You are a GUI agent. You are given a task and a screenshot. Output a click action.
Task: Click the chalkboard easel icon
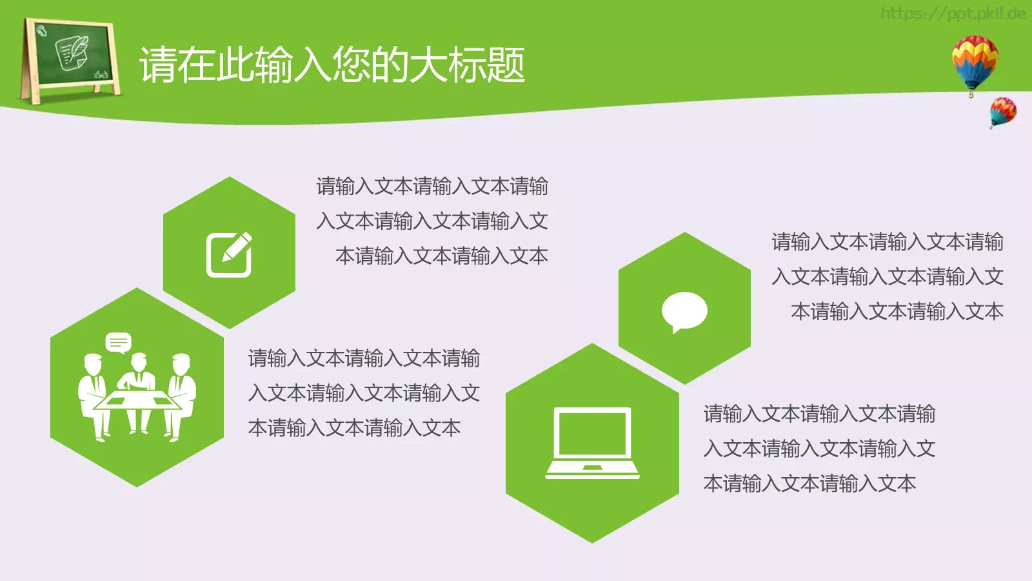[x=70, y=61]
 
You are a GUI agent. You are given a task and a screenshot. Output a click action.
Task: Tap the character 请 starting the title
[x=159, y=65]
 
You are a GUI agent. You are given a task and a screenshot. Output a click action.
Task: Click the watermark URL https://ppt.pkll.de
[x=953, y=14]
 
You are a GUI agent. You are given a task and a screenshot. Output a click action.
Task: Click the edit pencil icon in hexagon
[x=229, y=254]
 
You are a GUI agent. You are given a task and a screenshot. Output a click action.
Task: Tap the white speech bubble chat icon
[x=684, y=311]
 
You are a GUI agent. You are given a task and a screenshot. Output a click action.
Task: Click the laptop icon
[x=592, y=443]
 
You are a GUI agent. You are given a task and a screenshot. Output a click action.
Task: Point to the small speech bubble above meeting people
[x=119, y=342]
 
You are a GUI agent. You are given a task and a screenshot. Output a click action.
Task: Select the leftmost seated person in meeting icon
[x=92, y=394]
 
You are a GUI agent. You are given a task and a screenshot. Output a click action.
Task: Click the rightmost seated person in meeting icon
[x=182, y=394]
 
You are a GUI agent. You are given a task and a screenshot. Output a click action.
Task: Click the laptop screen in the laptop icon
[x=592, y=433]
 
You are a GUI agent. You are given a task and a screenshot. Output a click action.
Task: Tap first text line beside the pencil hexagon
[x=432, y=187]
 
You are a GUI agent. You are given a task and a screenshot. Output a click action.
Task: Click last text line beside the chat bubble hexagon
[x=897, y=312]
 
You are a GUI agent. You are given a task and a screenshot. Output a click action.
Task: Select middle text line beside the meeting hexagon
[x=364, y=393]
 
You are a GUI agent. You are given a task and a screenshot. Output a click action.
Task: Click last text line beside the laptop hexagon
[x=809, y=484]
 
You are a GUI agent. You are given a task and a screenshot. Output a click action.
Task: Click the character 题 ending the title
[x=507, y=65]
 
